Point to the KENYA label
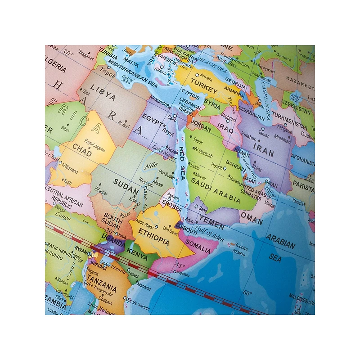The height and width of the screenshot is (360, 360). [x=137, y=255]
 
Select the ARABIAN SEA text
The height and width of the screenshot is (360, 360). [x=280, y=247]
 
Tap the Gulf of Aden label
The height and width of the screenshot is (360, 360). [x=209, y=230]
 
